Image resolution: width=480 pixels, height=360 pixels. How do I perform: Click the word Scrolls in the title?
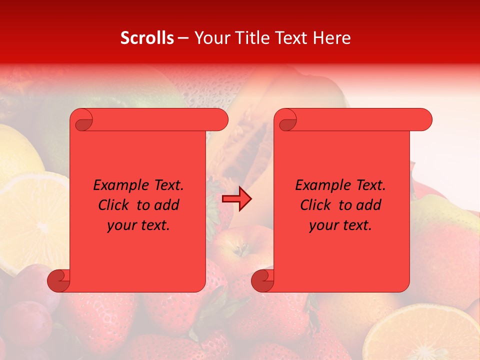(147, 38)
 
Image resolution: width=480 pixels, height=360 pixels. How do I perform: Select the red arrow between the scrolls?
(237, 199)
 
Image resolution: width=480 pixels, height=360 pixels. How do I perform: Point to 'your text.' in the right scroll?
(340, 225)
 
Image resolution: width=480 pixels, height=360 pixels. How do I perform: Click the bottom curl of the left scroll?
(58, 281)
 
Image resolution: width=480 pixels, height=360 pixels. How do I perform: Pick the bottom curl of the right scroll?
(262, 281)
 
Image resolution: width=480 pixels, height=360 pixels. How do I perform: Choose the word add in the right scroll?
(369, 205)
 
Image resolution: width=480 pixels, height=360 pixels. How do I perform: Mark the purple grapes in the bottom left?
(25, 320)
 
